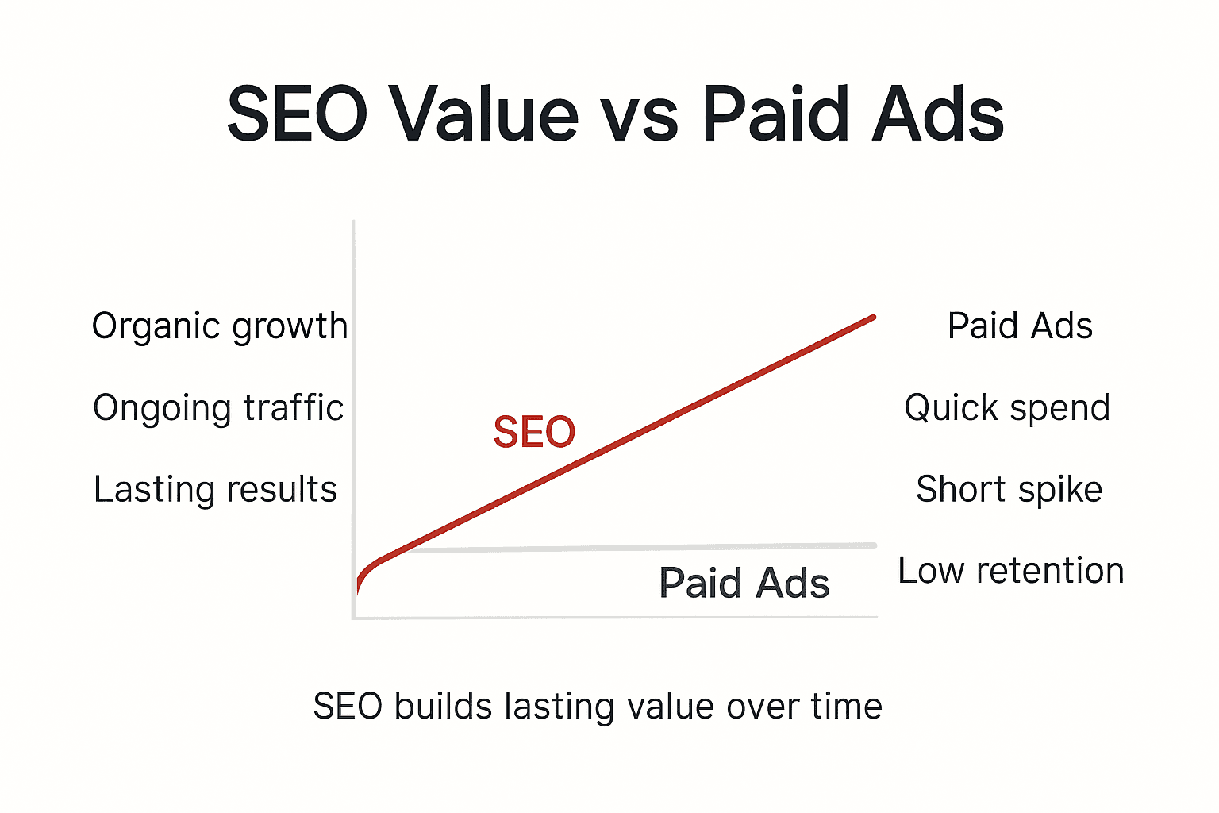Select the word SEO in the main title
coord(297,114)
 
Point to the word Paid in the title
coord(774,114)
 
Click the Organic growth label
coord(220,326)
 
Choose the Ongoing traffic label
coord(218,408)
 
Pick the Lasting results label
coord(215,490)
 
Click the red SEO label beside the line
coord(534,433)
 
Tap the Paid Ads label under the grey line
coord(744,584)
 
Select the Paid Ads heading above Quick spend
coord(1020,326)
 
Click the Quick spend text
coord(1007,408)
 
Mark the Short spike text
coord(1009,490)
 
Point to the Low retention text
coord(1011,571)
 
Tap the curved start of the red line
coord(365,573)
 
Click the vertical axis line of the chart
coord(353,397)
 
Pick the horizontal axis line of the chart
coord(619,617)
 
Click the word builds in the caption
coord(443,707)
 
